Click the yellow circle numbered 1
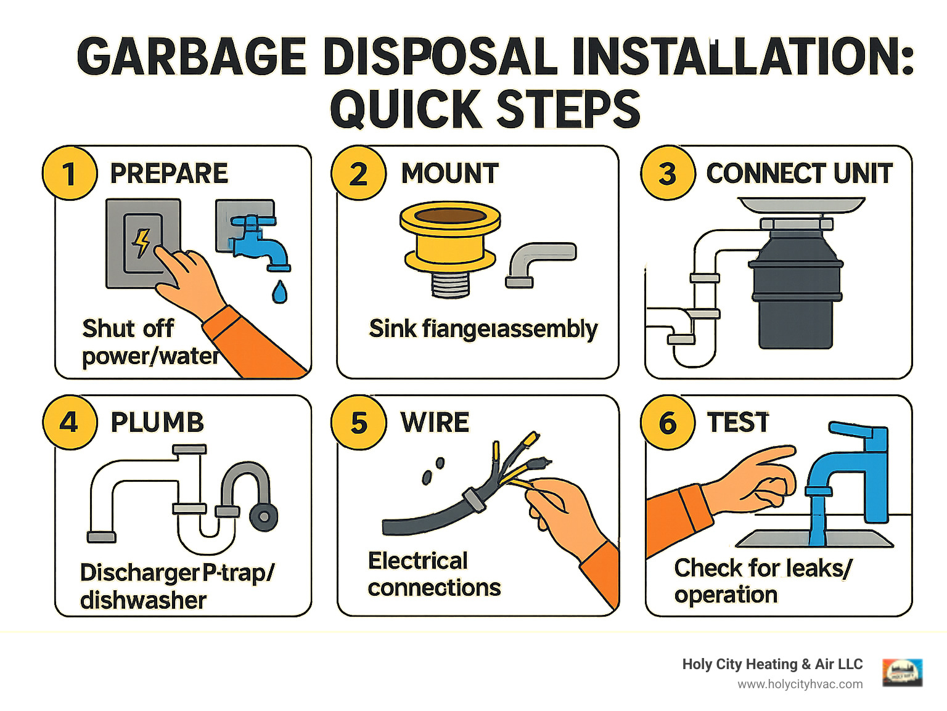pyautogui.click(x=70, y=173)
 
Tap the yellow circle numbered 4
pyautogui.click(x=70, y=423)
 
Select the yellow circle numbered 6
pyautogui.click(x=668, y=423)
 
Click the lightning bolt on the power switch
pyautogui.click(x=142, y=243)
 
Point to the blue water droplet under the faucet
pyautogui.click(x=279, y=292)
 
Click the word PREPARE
pyautogui.click(x=169, y=174)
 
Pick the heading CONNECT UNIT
pyautogui.click(x=799, y=174)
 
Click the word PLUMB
pyautogui.click(x=157, y=423)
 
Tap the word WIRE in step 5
pyautogui.click(x=435, y=423)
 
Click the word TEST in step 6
pyautogui.click(x=738, y=423)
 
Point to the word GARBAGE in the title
pyautogui.click(x=192, y=57)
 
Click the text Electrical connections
pyautogui.click(x=433, y=574)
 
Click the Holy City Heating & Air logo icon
pyautogui.click(x=902, y=673)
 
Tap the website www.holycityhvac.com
pyautogui.click(x=800, y=685)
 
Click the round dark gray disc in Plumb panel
pyautogui.click(x=263, y=517)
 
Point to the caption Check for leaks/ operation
pyautogui.click(x=763, y=581)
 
